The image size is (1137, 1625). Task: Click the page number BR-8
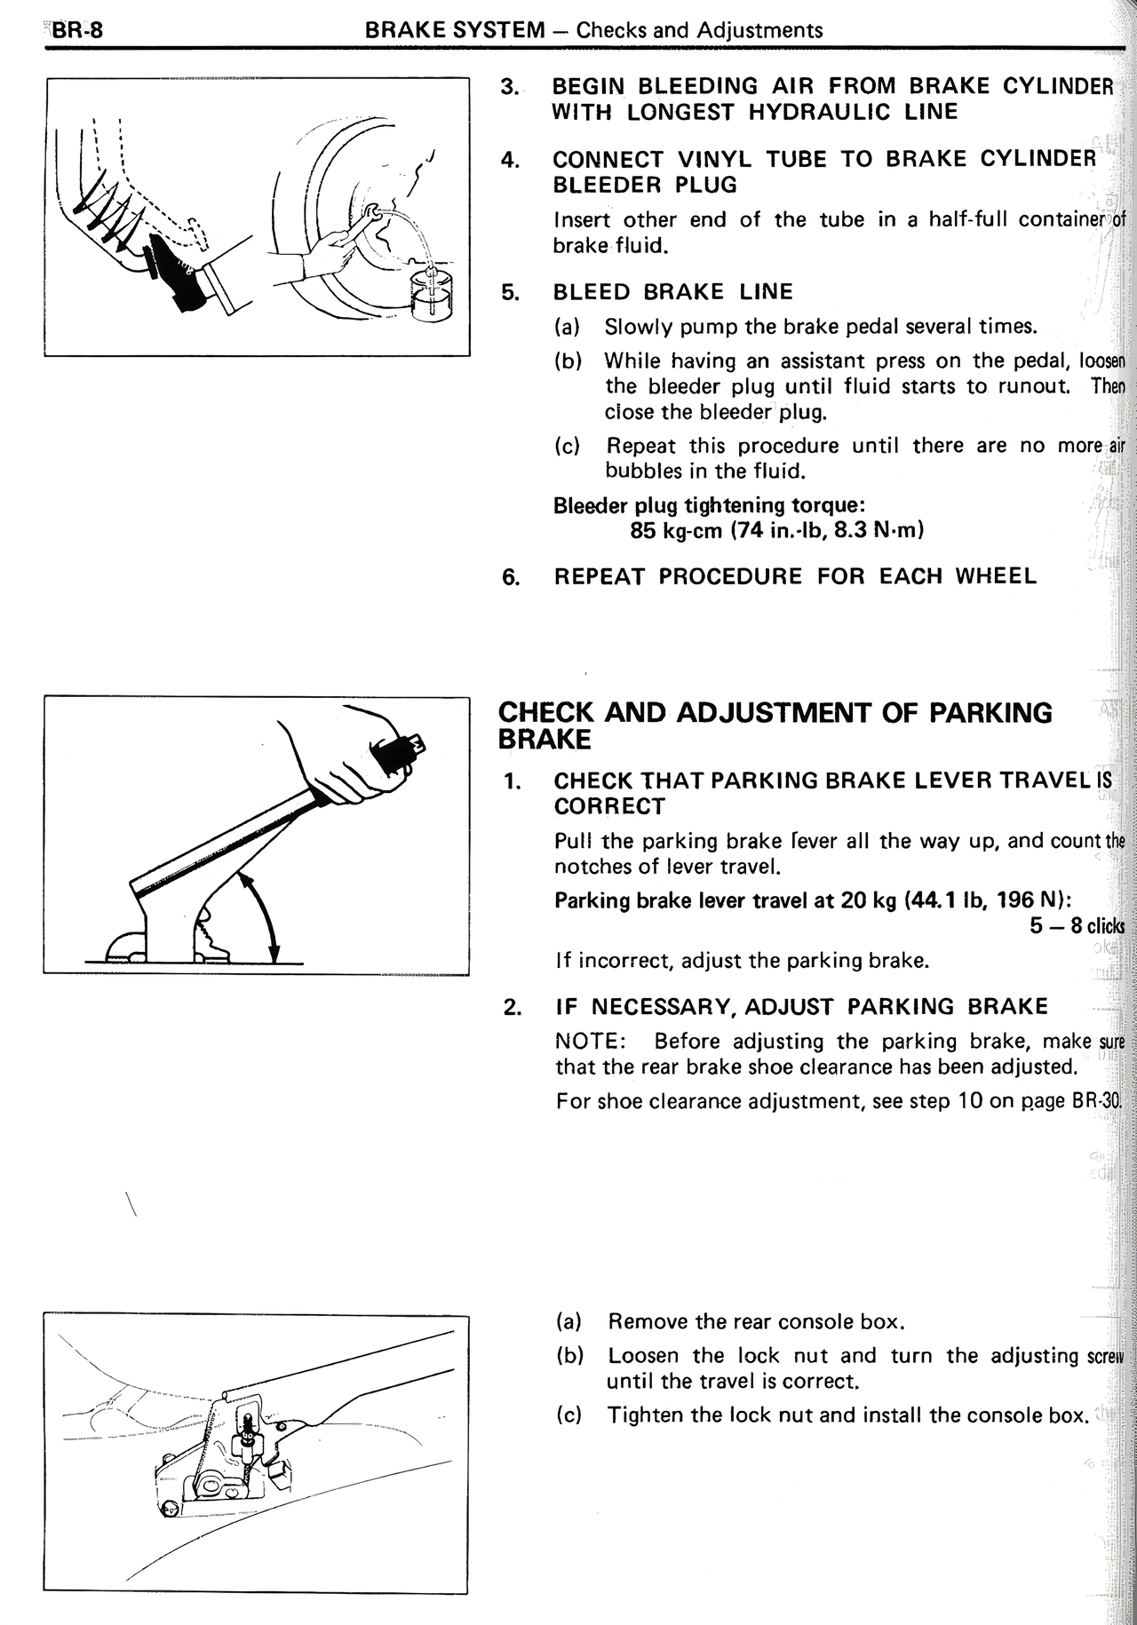tap(78, 30)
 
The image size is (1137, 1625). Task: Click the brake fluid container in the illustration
tap(432, 296)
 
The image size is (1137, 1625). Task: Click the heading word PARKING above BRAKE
tap(984, 713)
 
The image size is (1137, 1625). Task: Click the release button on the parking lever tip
tap(418, 743)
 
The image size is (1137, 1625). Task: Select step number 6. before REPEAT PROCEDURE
tap(511, 577)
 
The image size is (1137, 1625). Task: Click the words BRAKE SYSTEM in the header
tap(455, 30)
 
